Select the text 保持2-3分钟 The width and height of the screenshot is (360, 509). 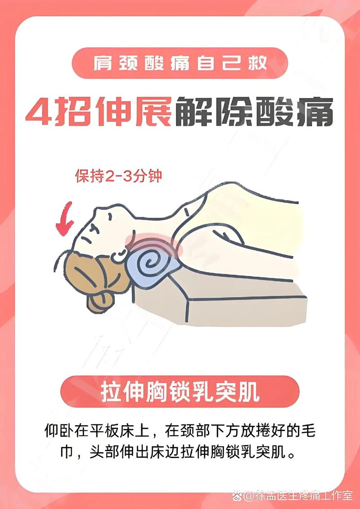point(118,176)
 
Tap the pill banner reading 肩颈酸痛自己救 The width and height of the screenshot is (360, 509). point(180,63)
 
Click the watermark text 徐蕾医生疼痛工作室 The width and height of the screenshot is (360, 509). point(304,496)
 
